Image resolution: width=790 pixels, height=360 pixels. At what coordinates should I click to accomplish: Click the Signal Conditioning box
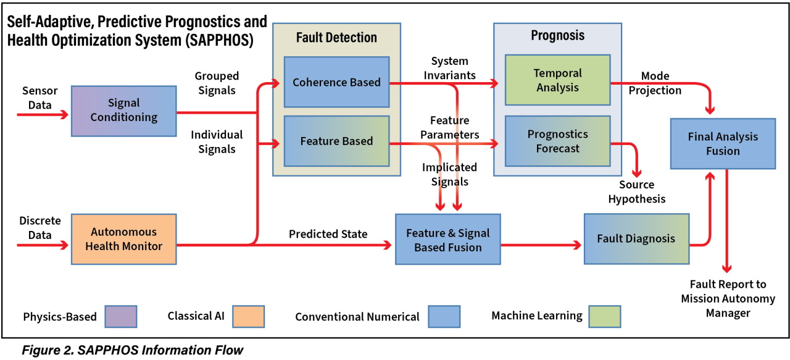[x=123, y=111]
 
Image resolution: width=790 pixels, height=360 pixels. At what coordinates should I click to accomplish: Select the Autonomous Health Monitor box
[x=123, y=239]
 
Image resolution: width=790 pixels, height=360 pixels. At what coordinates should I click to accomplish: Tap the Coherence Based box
[x=336, y=82]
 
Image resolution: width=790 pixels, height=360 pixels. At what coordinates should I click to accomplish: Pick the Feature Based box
[x=336, y=141]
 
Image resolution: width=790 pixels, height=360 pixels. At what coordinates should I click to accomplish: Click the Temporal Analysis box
[x=557, y=80]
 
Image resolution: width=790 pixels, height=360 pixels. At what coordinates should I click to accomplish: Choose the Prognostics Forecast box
[x=557, y=141]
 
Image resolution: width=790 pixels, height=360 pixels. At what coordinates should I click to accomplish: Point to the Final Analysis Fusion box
[x=723, y=144]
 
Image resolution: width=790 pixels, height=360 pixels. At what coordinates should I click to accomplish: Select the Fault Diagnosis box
[x=636, y=239]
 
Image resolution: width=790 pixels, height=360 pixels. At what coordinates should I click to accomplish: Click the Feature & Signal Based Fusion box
[x=447, y=240]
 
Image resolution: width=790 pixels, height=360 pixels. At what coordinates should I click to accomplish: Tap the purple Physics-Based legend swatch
[x=121, y=316]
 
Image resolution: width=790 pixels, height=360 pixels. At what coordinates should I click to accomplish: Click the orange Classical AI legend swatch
[x=249, y=316]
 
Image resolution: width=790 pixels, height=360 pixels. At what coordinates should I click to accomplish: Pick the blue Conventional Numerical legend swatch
[x=444, y=316]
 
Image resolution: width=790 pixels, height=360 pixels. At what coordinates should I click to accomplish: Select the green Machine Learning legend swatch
[x=605, y=316]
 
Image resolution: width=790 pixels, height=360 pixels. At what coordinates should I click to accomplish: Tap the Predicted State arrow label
[x=328, y=235]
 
